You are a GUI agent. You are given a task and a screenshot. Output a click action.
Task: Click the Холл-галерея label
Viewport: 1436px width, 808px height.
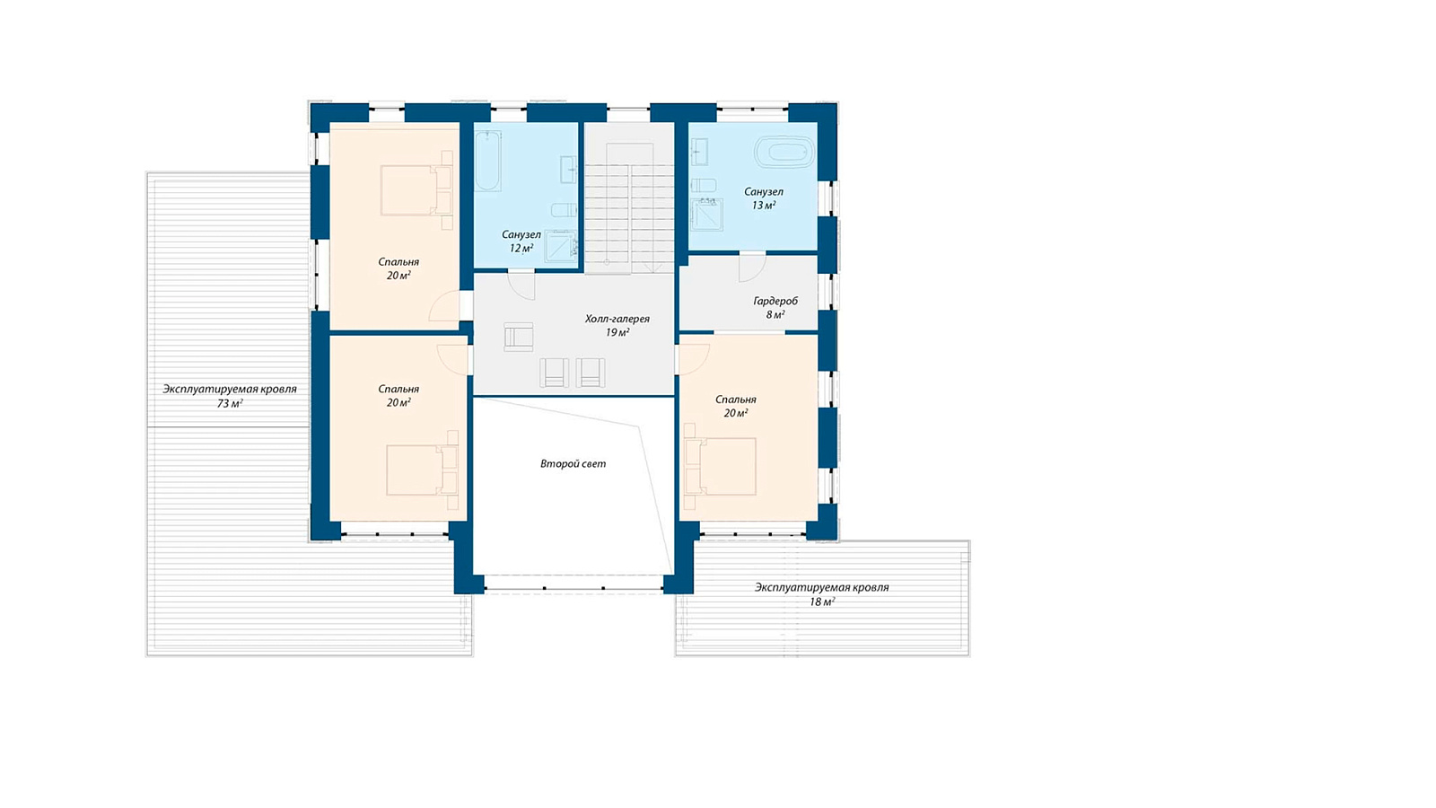(617, 319)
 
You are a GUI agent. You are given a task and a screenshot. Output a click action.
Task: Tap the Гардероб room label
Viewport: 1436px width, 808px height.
(775, 301)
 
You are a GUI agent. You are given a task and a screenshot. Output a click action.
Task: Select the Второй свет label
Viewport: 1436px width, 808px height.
(574, 463)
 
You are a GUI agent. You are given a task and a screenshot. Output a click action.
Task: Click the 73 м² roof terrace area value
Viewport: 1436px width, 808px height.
(230, 403)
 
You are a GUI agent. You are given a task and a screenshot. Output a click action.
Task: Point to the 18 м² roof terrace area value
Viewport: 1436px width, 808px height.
(822, 602)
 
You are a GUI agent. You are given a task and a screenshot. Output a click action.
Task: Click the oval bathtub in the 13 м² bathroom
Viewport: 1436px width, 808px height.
(784, 154)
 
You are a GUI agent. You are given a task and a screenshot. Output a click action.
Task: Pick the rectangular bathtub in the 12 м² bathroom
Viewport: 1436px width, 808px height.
(488, 161)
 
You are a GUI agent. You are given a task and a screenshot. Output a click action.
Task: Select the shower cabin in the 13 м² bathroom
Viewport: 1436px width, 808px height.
(707, 215)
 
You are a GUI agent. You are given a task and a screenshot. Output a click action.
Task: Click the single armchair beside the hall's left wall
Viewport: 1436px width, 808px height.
(519, 337)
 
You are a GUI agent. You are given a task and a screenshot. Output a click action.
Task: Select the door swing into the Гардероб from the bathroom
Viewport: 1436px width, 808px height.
(752, 268)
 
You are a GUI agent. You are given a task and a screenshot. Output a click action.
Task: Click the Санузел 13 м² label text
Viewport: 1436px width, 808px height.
(764, 198)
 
